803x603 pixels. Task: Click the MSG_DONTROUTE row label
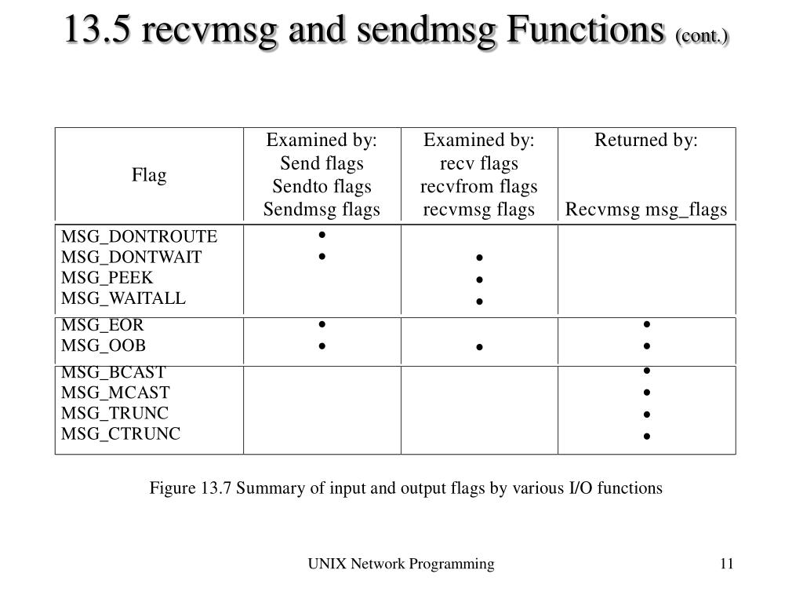(x=140, y=236)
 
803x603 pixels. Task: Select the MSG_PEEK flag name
(x=107, y=277)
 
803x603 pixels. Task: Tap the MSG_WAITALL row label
(x=124, y=298)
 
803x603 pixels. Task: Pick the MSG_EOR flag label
(x=103, y=325)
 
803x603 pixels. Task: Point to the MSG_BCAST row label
(x=114, y=372)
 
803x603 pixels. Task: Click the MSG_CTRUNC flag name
(x=121, y=433)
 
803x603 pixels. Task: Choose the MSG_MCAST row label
(x=115, y=393)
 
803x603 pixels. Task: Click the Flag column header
(x=149, y=175)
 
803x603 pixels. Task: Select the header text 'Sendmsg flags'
(x=322, y=210)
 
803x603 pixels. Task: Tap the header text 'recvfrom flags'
(x=479, y=187)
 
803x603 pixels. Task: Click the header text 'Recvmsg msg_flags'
(x=647, y=210)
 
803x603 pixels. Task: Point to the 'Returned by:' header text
(x=646, y=141)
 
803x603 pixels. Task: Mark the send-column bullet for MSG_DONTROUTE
(x=322, y=235)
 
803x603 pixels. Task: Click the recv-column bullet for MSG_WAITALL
(x=479, y=301)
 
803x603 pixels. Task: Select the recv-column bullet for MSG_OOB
(x=479, y=347)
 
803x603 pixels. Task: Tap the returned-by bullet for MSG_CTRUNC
(x=647, y=436)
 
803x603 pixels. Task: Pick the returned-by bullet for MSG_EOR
(x=647, y=324)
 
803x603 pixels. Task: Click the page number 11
(x=726, y=564)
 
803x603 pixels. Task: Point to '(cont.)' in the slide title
(x=702, y=36)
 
